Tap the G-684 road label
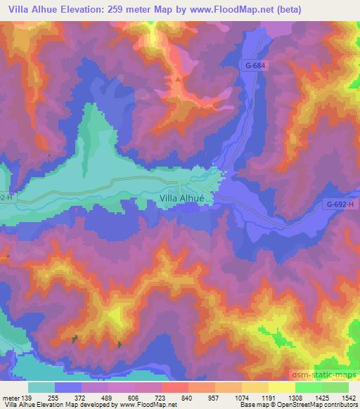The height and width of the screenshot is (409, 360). click(258, 65)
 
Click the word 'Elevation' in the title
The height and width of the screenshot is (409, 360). click(105, 9)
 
